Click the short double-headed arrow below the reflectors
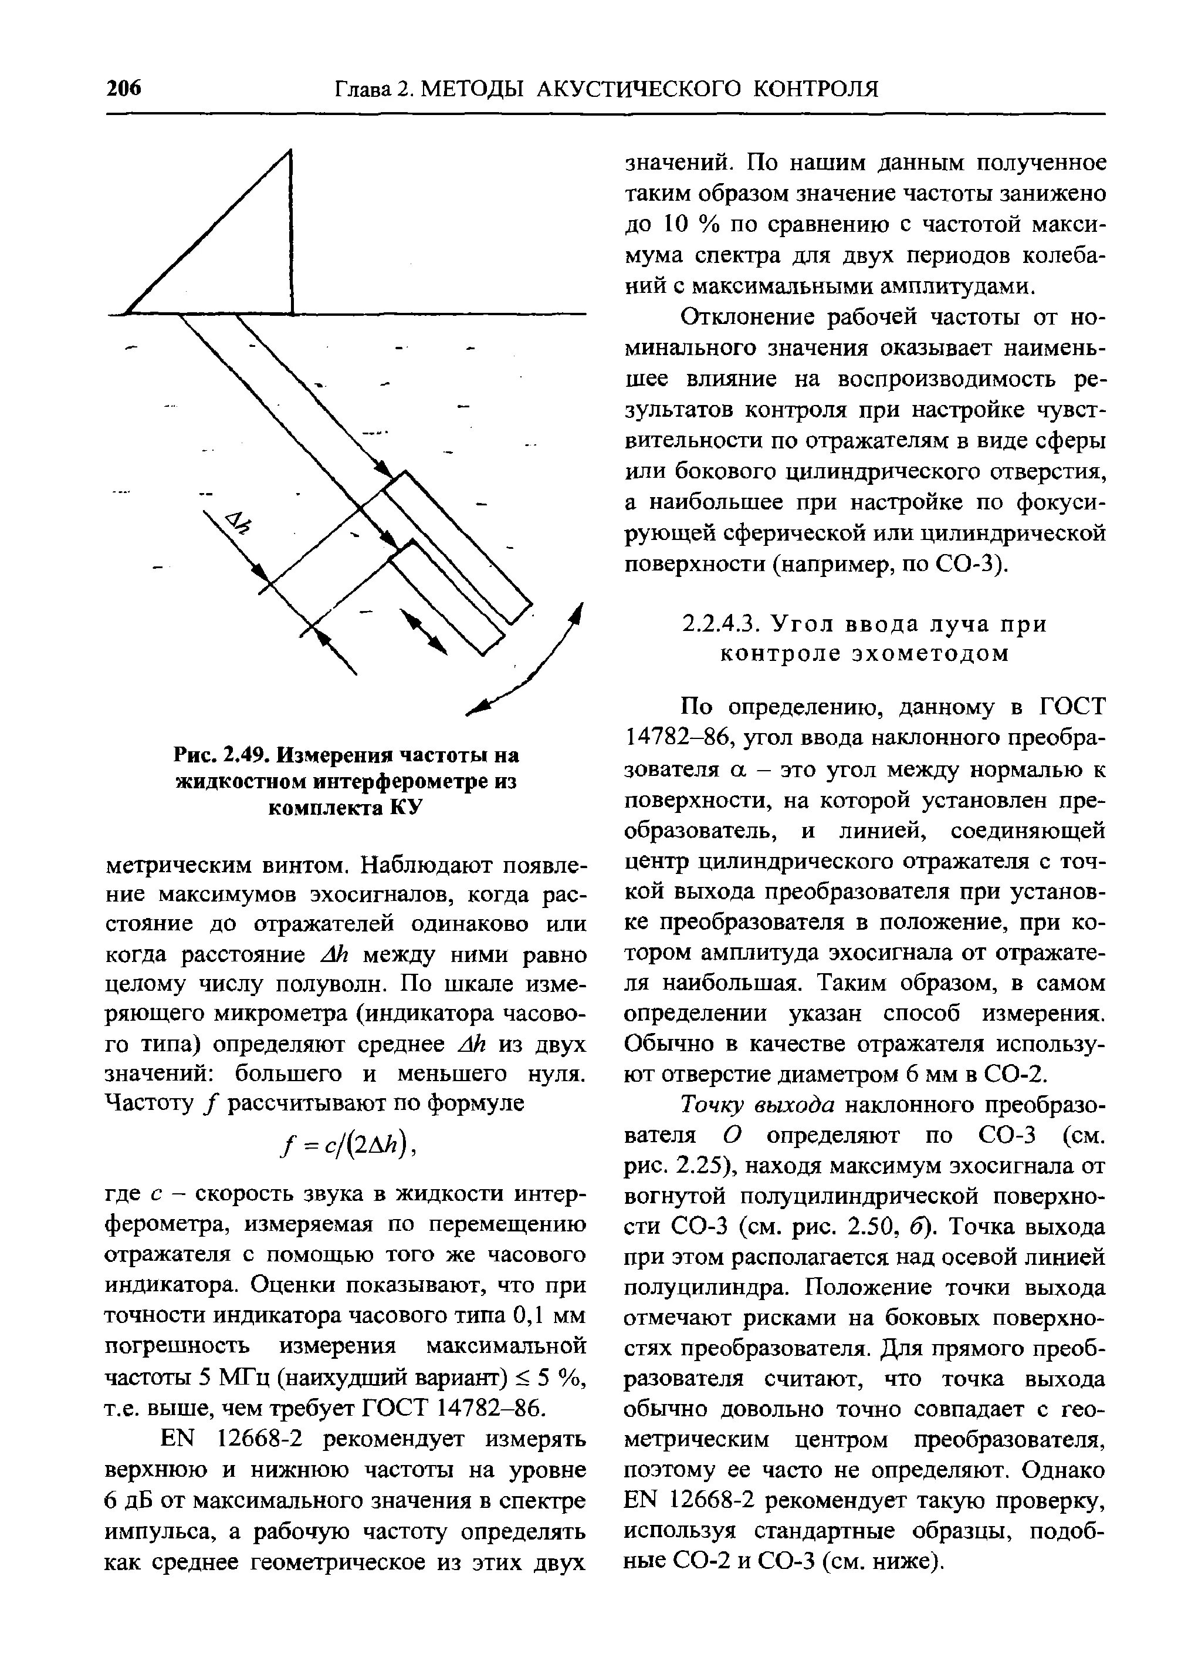[x=424, y=632]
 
